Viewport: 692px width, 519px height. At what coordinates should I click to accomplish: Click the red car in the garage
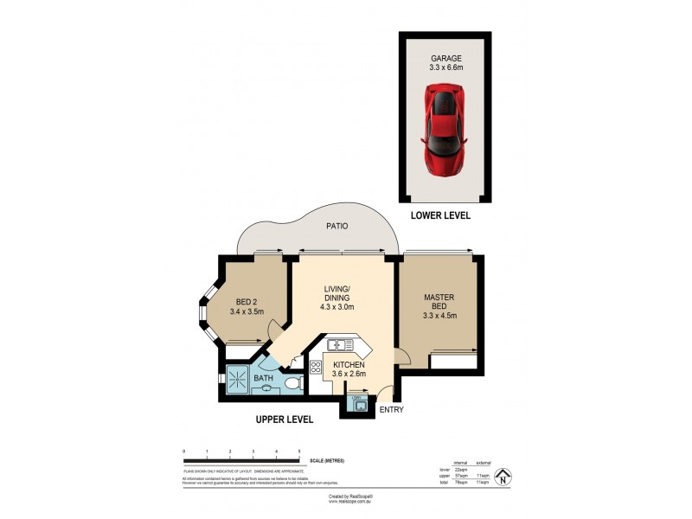click(446, 130)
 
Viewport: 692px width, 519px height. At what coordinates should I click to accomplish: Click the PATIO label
click(336, 227)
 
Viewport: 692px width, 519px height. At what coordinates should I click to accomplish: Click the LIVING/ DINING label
click(336, 293)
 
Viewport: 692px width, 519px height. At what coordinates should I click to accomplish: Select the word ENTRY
click(391, 409)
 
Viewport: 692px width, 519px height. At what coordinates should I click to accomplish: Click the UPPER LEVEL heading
click(284, 420)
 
